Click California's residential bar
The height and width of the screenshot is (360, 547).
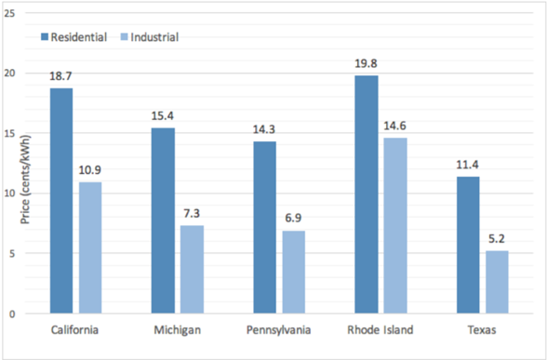coord(61,201)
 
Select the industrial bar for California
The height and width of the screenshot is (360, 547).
coord(90,247)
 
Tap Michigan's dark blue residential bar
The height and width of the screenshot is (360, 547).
coord(163,220)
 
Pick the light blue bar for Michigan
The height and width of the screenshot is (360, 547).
coord(192,270)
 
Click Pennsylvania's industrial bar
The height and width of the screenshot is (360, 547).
coord(294,272)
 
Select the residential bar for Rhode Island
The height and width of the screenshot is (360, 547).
coord(367,194)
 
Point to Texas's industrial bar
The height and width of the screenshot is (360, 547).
coord(497,282)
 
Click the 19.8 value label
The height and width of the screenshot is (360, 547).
coord(366,64)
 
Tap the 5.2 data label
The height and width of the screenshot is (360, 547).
coord(497,239)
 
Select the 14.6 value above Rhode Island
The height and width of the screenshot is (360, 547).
coord(394,126)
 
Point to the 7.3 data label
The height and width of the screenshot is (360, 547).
coord(192,214)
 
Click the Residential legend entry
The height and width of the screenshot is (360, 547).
coord(74,37)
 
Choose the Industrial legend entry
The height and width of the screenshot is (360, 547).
coord(150,37)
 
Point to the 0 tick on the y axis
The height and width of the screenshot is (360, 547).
coord(13,314)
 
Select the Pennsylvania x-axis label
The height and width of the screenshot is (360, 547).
coord(279,330)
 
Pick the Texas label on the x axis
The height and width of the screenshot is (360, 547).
coord(482,330)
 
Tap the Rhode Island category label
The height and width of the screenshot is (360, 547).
coord(380,329)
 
